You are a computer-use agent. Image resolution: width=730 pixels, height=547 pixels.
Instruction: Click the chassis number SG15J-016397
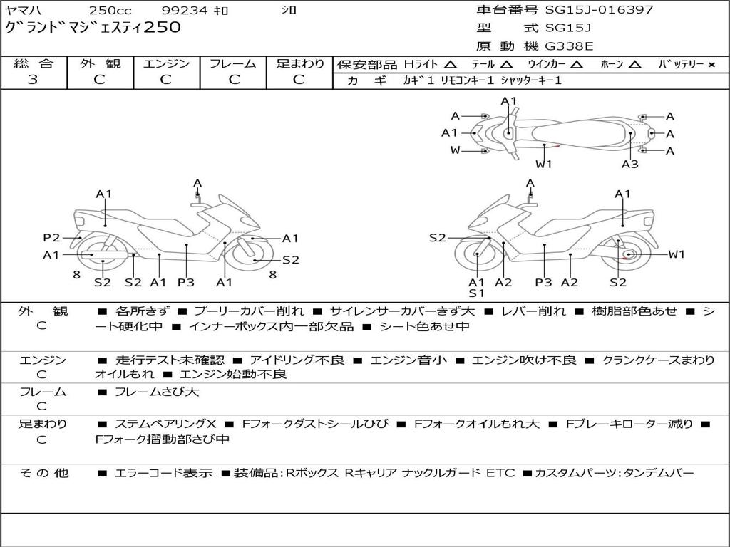coord(599,9)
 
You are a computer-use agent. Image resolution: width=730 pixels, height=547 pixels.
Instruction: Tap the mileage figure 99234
coord(184,10)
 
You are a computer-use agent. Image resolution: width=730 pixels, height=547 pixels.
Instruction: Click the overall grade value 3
coord(33,80)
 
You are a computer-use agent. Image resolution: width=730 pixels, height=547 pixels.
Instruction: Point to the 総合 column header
coord(34,63)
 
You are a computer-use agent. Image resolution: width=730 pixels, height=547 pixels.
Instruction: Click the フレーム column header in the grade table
coord(233,63)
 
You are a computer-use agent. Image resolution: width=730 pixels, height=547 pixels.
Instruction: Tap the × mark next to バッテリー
coord(711,65)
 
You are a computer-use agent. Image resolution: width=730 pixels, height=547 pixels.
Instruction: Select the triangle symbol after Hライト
coord(451,64)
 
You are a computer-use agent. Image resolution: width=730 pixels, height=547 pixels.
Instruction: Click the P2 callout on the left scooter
coord(51,238)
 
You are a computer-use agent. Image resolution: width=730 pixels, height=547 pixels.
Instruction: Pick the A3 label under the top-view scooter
coord(630,164)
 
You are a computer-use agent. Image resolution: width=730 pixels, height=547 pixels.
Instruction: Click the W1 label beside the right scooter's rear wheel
coord(677,254)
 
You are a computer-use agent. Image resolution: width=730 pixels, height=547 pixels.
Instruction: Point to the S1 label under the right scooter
coord(476,293)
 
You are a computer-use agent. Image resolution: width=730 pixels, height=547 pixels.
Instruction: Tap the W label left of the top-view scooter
coord(456,150)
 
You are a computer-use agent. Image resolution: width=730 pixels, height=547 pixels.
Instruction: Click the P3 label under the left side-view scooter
coord(186,282)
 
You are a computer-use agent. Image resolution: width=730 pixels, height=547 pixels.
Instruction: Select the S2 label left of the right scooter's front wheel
coord(438,238)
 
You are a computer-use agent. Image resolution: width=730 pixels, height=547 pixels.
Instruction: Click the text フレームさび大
coord(157,392)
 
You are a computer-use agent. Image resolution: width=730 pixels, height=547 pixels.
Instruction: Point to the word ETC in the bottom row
coord(500,473)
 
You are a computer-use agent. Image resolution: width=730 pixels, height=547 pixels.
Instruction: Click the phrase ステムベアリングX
coord(165,424)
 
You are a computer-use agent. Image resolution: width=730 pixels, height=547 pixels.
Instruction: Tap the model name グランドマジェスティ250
coord(93,27)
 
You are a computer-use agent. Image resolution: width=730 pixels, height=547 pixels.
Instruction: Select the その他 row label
coord(44,473)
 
